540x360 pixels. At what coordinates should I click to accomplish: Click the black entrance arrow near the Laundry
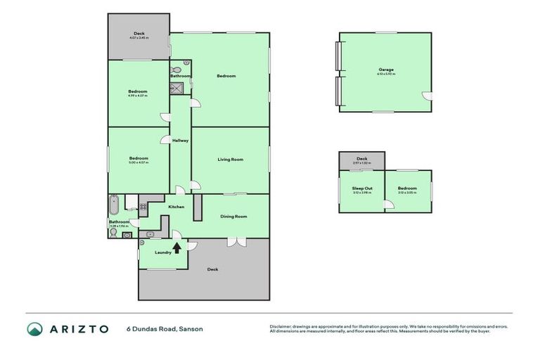pos(176,247)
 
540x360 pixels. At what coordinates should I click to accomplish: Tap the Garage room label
pos(385,70)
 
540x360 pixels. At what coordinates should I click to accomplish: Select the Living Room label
pos(230,160)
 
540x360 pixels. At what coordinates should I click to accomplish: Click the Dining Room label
pos(233,217)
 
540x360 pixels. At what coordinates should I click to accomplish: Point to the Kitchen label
pos(176,206)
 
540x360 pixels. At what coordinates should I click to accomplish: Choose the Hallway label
pos(181,141)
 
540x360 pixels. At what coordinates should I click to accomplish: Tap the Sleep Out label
pos(362,188)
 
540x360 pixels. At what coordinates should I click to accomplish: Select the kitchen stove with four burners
pos(143,207)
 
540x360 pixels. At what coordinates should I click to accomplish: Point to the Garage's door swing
pos(425,96)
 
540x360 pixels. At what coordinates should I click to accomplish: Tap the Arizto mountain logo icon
pos(35,328)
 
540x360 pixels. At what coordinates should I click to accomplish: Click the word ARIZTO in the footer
pos(79,328)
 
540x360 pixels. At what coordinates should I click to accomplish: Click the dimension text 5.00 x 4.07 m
pos(138,162)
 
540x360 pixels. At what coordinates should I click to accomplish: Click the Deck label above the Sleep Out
pos(362,159)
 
